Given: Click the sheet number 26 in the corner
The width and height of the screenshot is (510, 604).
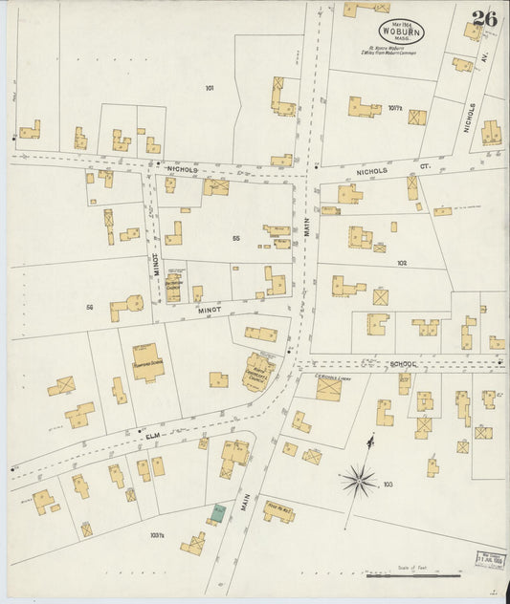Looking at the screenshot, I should pyautogui.click(x=483, y=17).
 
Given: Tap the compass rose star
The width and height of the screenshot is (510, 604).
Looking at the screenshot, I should pyautogui.click(x=359, y=478).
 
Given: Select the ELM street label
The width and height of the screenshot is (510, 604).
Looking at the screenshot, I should pyautogui.click(x=152, y=435).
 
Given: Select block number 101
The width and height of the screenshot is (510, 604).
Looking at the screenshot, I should pyautogui.click(x=209, y=88).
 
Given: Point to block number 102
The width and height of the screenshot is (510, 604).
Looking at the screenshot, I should pyautogui.click(x=402, y=262).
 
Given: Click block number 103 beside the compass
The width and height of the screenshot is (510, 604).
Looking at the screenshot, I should pyautogui.click(x=388, y=485).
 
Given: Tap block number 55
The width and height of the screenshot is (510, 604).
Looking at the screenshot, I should pyautogui.click(x=235, y=238).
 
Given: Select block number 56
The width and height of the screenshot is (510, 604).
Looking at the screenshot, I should pyautogui.click(x=90, y=307).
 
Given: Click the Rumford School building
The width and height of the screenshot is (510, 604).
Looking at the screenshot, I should pyautogui.click(x=147, y=362).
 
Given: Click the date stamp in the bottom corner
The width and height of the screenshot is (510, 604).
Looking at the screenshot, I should pyautogui.click(x=490, y=558).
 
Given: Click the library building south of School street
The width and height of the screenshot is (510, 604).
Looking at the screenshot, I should pyautogui.click(x=328, y=388).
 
